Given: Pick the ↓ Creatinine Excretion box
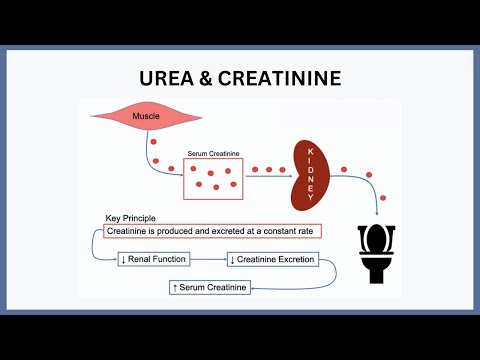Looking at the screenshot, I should point(272,259).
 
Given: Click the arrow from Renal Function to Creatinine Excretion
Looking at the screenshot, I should point(207,259).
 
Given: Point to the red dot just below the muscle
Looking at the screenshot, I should point(153,142).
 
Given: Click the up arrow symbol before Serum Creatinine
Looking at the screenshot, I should point(176,288).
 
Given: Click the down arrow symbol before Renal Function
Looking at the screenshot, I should point(123,259).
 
